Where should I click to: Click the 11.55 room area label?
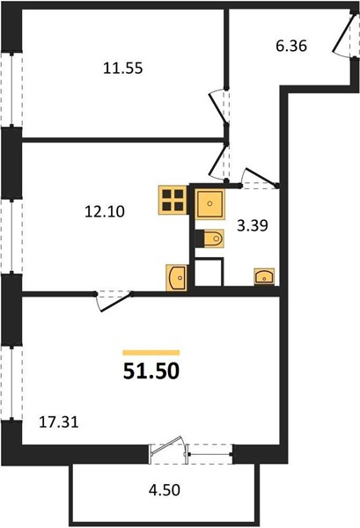123,69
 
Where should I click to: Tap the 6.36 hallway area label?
291,46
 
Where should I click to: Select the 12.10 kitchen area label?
105,212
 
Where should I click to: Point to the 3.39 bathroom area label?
253,226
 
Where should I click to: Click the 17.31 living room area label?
59,422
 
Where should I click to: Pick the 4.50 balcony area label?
165,490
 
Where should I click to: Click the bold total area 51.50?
151,371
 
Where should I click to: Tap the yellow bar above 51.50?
151,353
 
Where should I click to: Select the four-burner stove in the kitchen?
173,200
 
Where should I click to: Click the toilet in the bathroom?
209,238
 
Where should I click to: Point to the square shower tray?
209,204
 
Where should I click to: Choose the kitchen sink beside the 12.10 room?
176,278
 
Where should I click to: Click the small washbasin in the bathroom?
264,277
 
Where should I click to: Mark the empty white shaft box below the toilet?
209,272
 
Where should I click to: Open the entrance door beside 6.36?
344,35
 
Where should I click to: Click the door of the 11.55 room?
219,106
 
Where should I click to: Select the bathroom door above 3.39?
260,178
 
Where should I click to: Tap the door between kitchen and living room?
114,300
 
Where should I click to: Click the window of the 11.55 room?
11,89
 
